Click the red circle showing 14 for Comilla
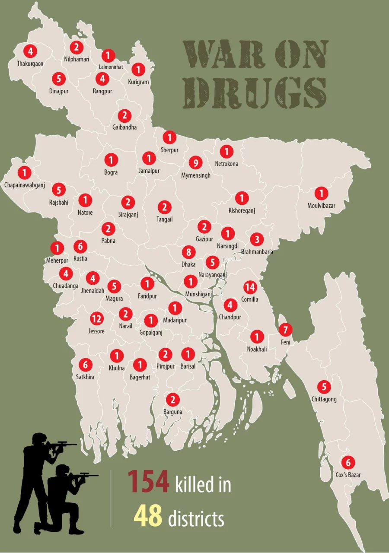(x=250, y=287)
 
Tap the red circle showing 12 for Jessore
(x=96, y=319)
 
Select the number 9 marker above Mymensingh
(x=196, y=163)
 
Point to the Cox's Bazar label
(x=348, y=475)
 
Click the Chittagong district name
(x=324, y=399)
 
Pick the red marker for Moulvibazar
(x=321, y=193)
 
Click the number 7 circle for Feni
(x=285, y=330)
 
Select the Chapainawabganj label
(x=25, y=185)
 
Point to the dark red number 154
(x=148, y=482)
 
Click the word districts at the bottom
(x=196, y=518)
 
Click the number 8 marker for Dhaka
(x=188, y=252)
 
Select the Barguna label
(x=172, y=412)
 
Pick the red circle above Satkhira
(x=85, y=365)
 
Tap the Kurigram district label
(x=138, y=82)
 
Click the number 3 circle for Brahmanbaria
(x=257, y=239)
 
